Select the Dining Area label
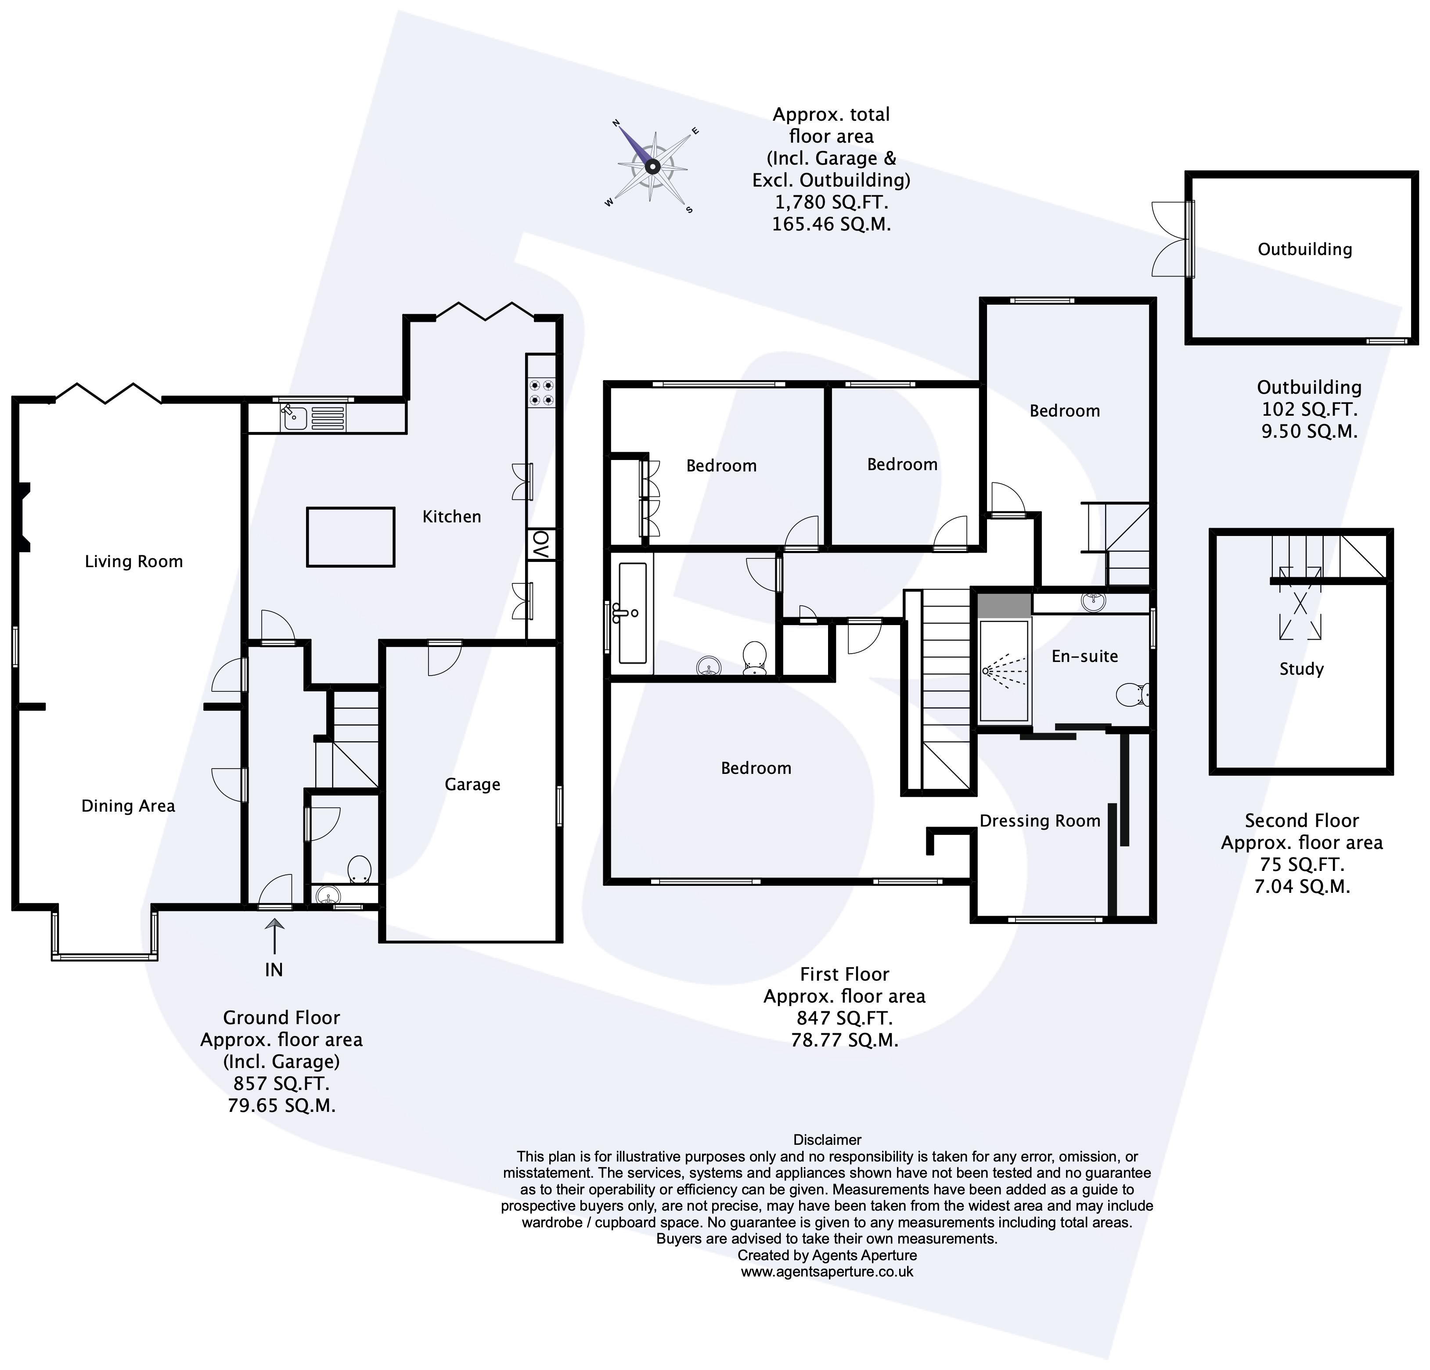click(x=128, y=806)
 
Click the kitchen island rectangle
click(x=351, y=537)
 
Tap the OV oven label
click(x=540, y=543)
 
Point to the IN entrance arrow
click(x=274, y=936)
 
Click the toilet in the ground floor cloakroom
click(x=359, y=870)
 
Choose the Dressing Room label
click(x=1040, y=821)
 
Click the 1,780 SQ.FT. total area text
click(x=831, y=202)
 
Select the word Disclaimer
click(x=827, y=1140)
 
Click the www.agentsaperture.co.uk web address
click(x=827, y=1272)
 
